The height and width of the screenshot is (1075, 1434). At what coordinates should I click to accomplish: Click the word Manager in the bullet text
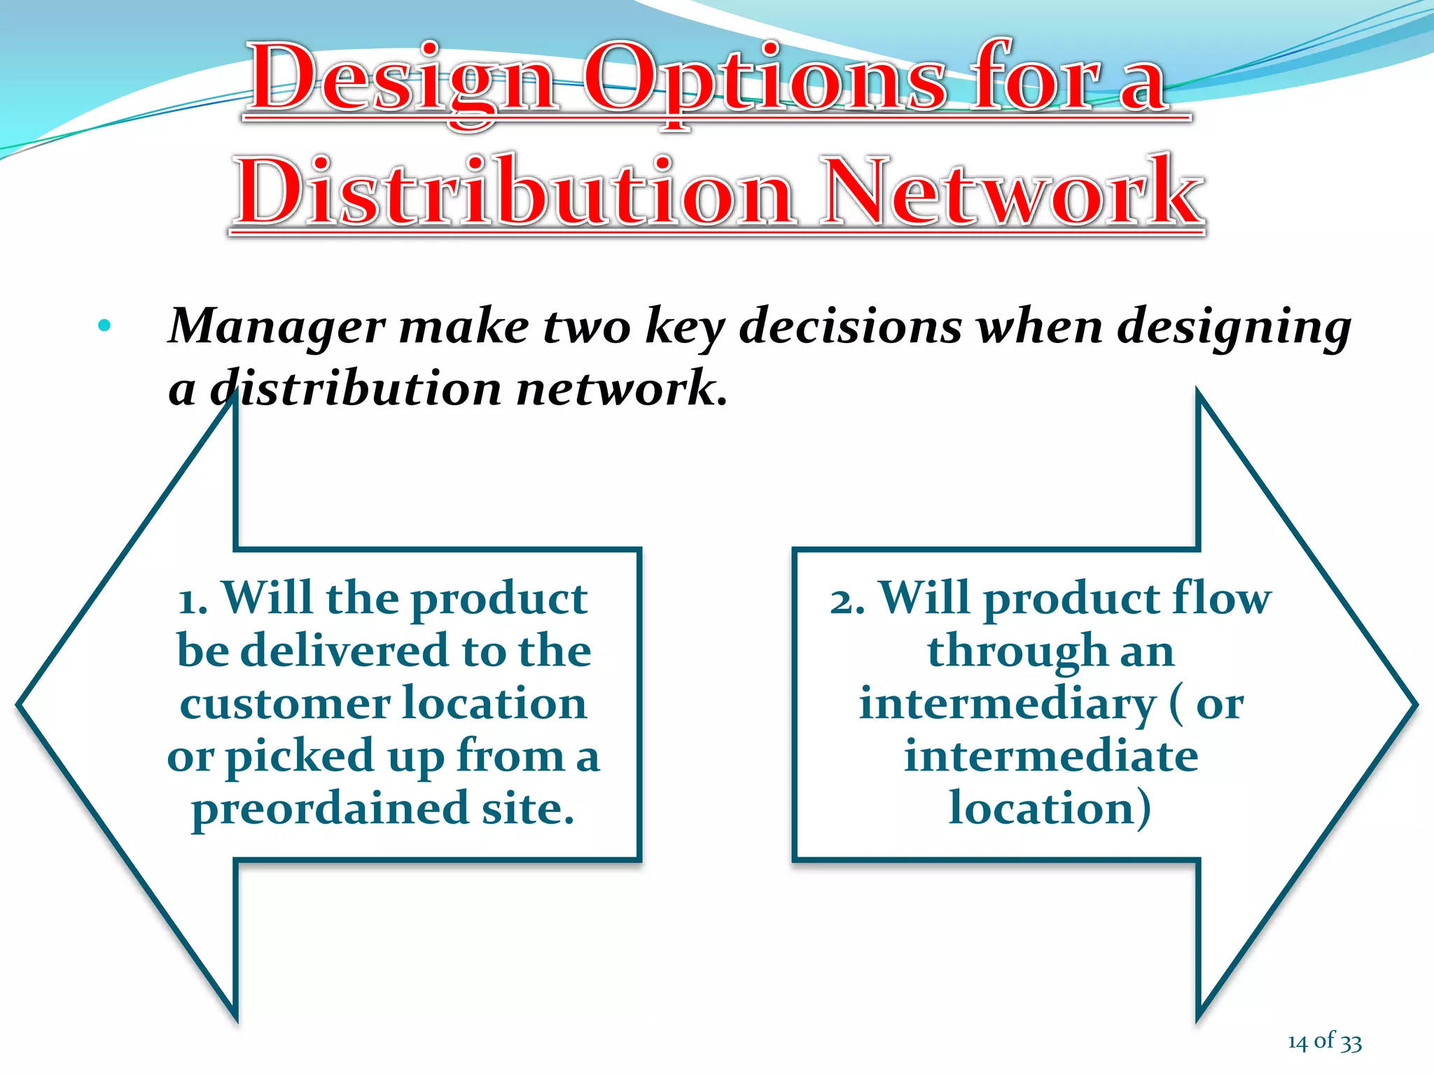pyautogui.click(x=277, y=327)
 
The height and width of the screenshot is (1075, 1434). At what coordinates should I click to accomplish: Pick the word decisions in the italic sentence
pyautogui.click(x=850, y=327)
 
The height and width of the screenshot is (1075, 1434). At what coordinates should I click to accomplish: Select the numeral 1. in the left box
pyautogui.click(x=193, y=600)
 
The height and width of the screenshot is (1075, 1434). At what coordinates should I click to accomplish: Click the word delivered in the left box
pyautogui.click(x=344, y=651)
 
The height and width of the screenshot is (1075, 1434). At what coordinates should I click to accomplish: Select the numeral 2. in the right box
pyautogui.click(x=847, y=600)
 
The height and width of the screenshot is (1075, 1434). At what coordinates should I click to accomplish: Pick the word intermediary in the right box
pyautogui.click(x=1008, y=704)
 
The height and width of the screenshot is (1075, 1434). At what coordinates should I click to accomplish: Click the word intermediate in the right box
pyautogui.click(x=1051, y=757)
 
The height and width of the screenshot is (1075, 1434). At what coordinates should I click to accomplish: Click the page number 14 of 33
pyautogui.click(x=1324, y=1042)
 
